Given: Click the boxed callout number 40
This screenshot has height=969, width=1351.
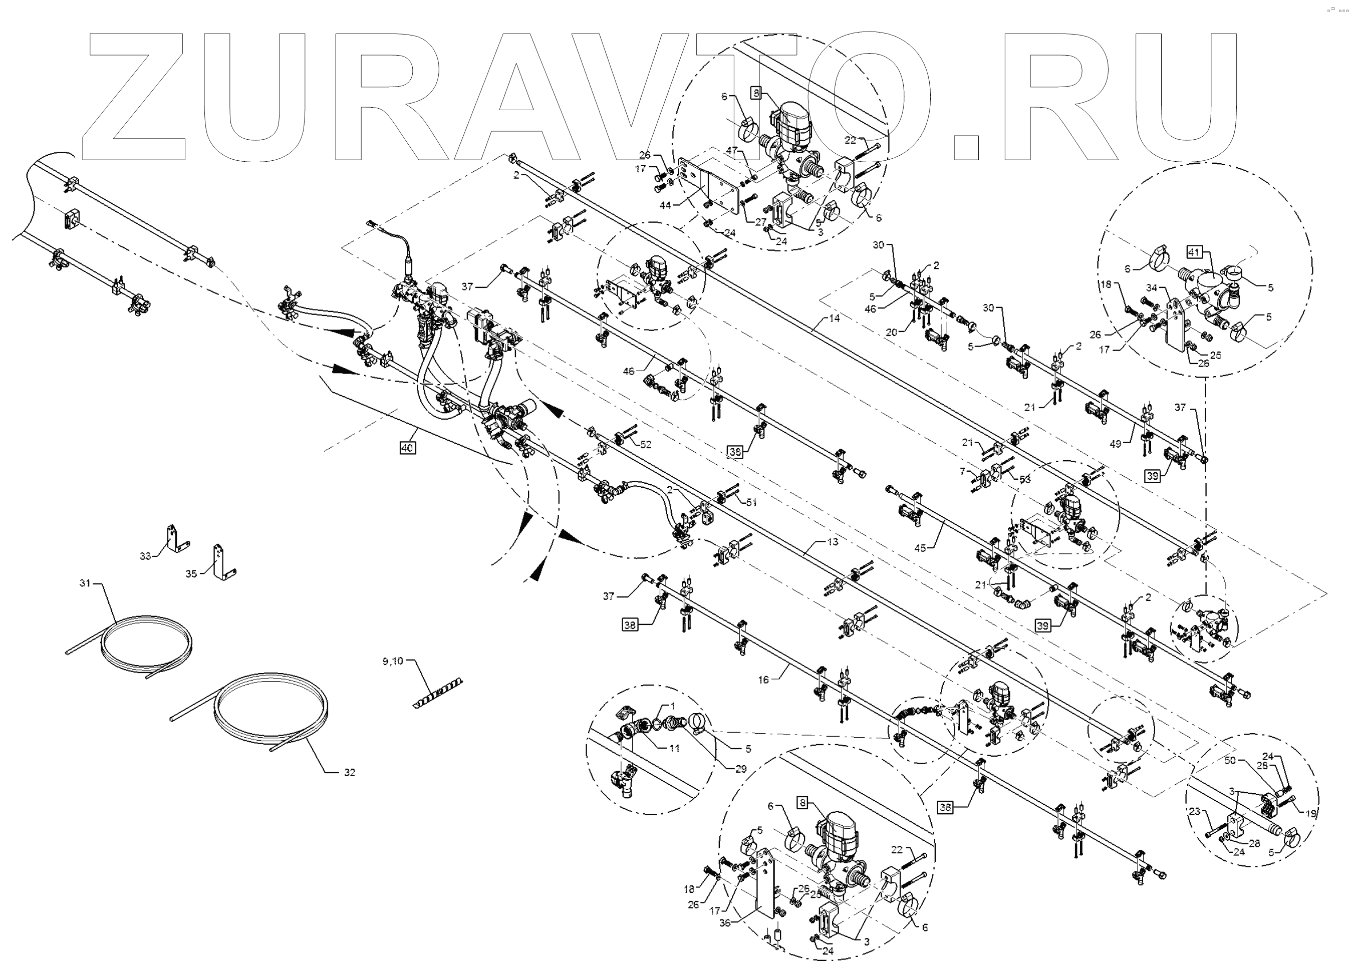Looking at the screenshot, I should point(407,447).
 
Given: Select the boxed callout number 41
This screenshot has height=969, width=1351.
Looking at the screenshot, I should point(1193,252).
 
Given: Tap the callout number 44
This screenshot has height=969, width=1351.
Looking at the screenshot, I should point(665,205).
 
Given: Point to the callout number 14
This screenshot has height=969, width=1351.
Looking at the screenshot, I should point(834,318).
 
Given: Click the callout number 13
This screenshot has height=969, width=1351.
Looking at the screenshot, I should point(832,542).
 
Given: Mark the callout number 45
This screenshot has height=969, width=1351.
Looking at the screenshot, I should point(920,548).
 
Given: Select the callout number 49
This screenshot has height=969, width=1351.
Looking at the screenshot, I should point(1115,444).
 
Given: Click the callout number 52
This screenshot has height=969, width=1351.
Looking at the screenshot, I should point(646,444).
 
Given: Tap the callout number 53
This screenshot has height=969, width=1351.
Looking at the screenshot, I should point(1024,479).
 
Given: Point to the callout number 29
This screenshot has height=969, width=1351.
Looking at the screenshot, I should point(740,769).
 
